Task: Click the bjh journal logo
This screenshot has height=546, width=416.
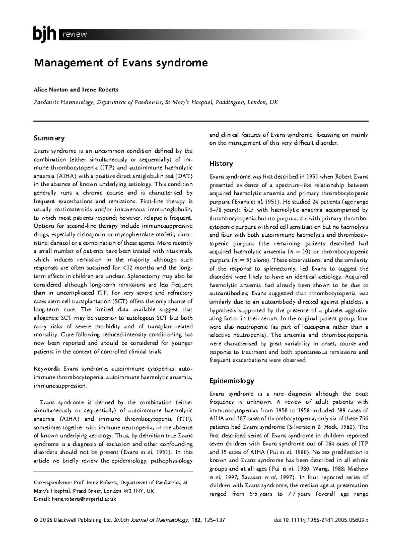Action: coord(44,34)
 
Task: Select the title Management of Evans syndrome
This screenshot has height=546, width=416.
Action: coord(120,63)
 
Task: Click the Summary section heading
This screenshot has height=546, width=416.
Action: coord(49,138)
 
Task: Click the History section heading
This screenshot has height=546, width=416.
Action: coord(221,164)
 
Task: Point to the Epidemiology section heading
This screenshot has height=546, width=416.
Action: coord(231,381)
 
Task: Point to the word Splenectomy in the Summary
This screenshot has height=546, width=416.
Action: coord(144,276)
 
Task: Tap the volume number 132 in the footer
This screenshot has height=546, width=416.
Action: coord(196,530)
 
